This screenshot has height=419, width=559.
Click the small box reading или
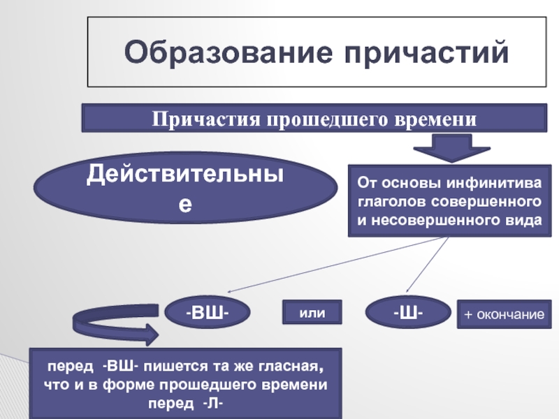312,313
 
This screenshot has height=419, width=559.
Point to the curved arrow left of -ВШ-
112,328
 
